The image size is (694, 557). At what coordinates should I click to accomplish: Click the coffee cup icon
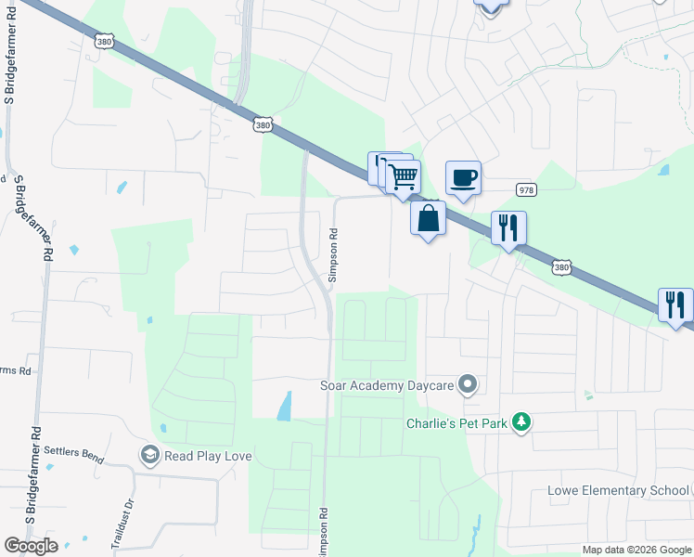[463, 176]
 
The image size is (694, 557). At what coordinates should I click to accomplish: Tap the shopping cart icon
[404, 175]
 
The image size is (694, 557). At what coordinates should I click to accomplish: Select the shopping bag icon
[428, 219]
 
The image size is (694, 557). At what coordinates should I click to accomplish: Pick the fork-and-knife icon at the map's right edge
[676, 304]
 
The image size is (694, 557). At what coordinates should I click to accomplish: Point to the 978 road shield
[526, 189]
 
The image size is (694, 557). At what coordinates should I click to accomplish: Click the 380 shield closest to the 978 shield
[561, 267]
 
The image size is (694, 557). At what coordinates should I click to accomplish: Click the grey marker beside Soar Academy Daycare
[469, 383]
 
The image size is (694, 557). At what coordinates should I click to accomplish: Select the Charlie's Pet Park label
[457, 423]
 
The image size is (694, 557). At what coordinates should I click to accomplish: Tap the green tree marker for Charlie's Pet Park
[521, 423]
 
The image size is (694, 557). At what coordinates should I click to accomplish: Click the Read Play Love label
[208, 456]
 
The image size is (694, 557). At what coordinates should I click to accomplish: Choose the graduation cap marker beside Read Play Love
[148, 455]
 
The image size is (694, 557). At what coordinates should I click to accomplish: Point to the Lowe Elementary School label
[618, 490]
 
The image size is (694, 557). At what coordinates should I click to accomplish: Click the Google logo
[31, 546]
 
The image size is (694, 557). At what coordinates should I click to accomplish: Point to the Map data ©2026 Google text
[636, 550]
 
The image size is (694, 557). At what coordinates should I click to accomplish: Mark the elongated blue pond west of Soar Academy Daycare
[284, 406]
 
